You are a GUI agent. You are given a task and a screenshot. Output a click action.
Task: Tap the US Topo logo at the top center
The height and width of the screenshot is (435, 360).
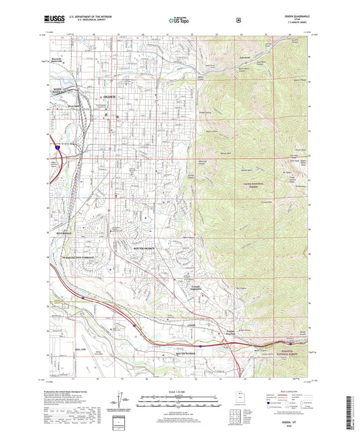(x=180, y=20)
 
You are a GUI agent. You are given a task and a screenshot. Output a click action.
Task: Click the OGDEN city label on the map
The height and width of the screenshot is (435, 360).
(x=110, y=99)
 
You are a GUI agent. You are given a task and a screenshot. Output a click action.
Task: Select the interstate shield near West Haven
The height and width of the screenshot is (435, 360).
(x=57, y=145)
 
